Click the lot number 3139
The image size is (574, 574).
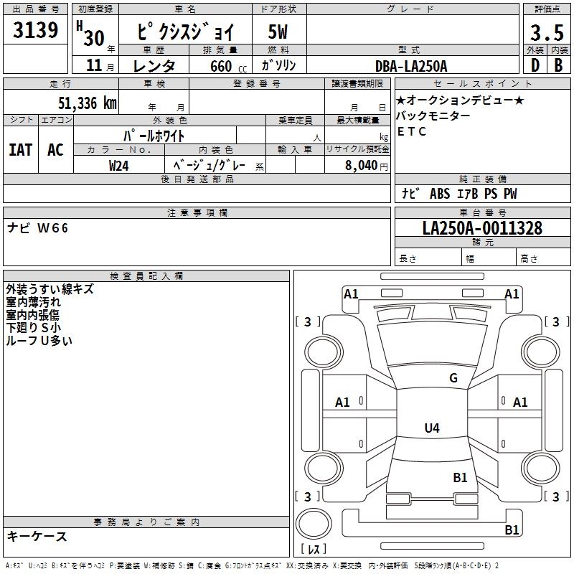(35, 29)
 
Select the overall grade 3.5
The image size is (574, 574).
(547, 32)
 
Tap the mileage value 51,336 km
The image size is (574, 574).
(88, 103)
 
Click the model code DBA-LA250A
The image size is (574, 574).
(411, 66)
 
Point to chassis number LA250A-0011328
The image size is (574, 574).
(482, 227)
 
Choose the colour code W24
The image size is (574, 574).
(118, 166)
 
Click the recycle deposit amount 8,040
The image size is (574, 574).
(362, 165)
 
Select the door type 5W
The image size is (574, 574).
(278, 32)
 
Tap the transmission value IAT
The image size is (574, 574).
(21, 150)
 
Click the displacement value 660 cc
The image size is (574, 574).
(228, 66)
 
